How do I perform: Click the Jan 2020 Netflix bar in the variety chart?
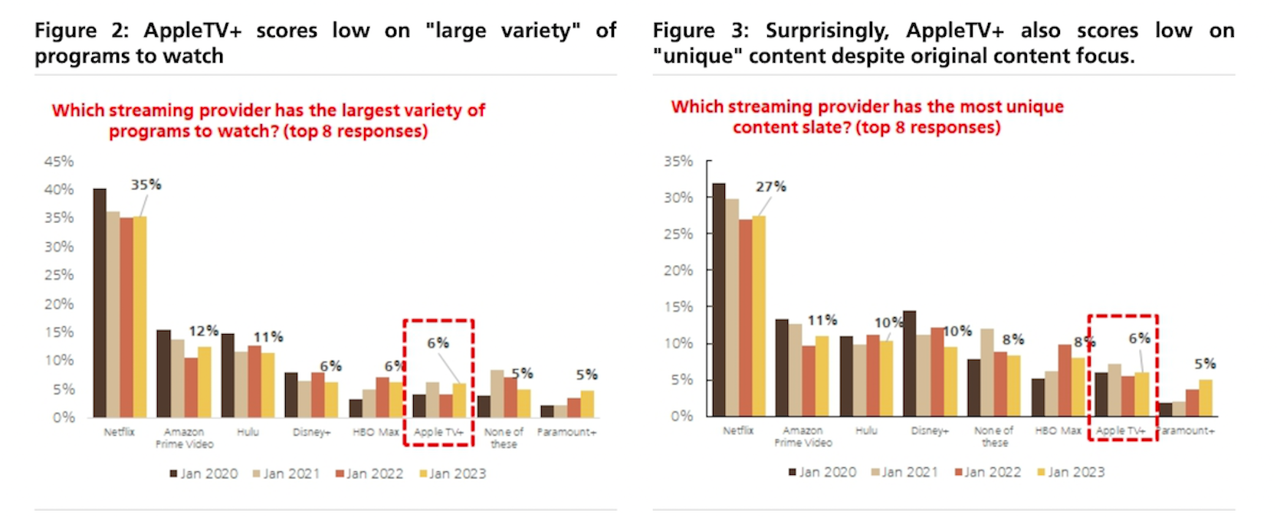coord(100,303)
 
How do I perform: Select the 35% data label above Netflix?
coord(146,185)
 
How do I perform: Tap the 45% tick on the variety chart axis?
coord(59,162)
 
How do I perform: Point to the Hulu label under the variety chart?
coord(248,432)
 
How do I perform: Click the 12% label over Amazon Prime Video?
coord(204,331)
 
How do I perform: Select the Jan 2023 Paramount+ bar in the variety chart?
coord(587,404)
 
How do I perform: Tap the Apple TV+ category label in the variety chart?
coord(438,432)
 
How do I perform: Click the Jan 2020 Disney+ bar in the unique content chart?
coord(910,363)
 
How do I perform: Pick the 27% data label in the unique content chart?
coord(771,186)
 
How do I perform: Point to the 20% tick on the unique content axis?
coord(678,270)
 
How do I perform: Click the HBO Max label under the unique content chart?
coord(1058,430)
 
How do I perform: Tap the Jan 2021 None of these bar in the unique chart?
coord(987,372)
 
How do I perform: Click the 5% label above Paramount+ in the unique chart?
coord(1205,364)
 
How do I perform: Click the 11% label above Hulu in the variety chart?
coord(268,337)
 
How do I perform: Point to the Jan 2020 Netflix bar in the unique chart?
coord(719,299)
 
